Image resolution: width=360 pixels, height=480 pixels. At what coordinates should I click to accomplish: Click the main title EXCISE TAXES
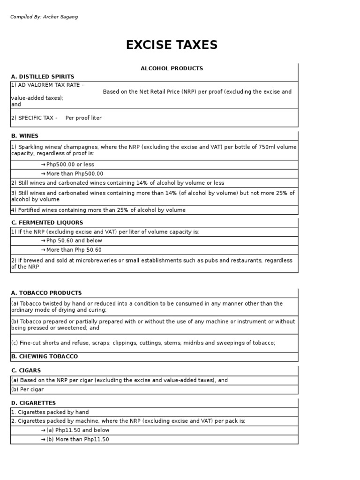click(172, 45)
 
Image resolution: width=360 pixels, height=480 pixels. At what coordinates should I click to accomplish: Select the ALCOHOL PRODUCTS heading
click(172, 68)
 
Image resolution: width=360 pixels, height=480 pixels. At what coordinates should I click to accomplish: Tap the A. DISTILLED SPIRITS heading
click(43, 76)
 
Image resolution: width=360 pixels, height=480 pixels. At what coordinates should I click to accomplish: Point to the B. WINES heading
click(25, 136)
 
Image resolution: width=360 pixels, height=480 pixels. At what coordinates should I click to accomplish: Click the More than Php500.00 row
click(75, 173)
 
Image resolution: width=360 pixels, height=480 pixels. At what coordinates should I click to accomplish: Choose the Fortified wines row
click(98, 210)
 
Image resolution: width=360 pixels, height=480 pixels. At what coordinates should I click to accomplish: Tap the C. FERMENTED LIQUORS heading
click(47, 223)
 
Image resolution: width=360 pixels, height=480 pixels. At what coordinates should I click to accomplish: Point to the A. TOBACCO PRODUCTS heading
click(46, 293)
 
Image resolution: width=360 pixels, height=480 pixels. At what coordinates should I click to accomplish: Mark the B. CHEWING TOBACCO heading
click(45, 356)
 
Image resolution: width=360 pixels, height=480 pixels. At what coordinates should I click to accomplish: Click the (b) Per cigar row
click(28, 389)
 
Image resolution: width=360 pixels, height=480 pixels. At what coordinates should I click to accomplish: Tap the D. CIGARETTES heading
click(33, 403)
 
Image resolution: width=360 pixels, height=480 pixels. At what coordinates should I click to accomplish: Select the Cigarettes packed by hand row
click(50, 412)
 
